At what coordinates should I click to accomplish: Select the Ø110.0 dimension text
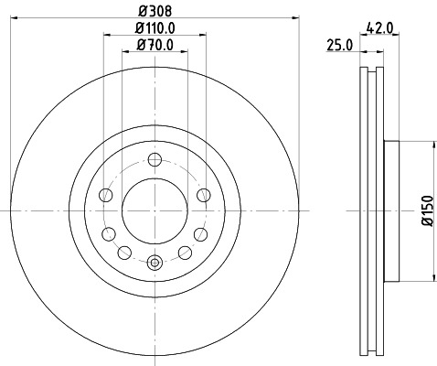[x=154, y=29]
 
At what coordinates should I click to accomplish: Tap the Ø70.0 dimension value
[x=154, y=45]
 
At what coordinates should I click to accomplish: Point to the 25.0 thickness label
[x=340, y=45]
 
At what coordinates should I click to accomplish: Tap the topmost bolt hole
[x=154, y=158]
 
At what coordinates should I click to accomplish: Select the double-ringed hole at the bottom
[x=154, y=263]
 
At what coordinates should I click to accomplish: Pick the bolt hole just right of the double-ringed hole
[x=184, y=252]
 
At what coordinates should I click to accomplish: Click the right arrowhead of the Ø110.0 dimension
[x=203, y=37]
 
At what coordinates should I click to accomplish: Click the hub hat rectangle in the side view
[x=393, y=210]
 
